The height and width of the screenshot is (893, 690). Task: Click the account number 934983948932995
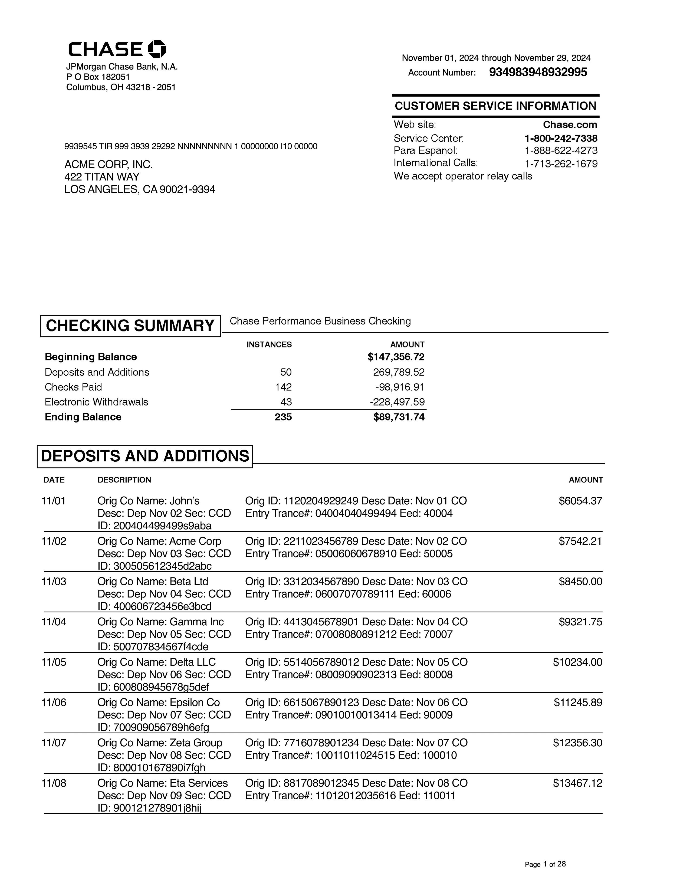[x=538, y=72]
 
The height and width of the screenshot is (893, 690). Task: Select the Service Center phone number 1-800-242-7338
[x=561, y=138]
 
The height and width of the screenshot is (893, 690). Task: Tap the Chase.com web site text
[x=570, y=125]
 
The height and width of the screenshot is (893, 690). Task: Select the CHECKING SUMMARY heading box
[x=130, y=326]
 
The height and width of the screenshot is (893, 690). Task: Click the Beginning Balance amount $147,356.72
[x=396, y=357]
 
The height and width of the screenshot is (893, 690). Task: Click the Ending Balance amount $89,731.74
[x=399, y=417]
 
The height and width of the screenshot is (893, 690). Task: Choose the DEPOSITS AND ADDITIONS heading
[x=145, y=456]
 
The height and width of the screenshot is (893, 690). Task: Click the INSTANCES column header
[x=269, y=345]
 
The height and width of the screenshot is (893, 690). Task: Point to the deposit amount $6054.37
[x=580, y=501]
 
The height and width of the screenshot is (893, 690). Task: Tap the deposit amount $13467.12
[x=578, y=783]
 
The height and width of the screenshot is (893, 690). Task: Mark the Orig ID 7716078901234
[x=321, y=743]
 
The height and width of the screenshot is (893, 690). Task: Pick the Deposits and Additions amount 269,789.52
[x=399, y=372]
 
